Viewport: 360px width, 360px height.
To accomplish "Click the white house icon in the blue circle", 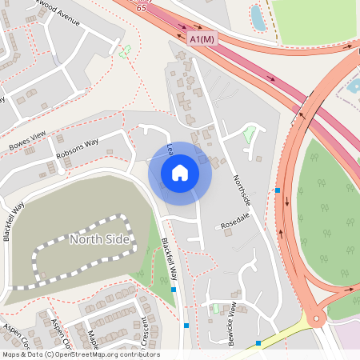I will pos(180,172).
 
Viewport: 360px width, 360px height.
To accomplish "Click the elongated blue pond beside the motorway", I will pos(258,18).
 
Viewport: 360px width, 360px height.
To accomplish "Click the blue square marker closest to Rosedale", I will pos(278,190).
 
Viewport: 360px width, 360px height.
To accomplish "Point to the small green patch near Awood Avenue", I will pos(124,52).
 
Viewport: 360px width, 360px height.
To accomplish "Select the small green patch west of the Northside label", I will pos(250,134).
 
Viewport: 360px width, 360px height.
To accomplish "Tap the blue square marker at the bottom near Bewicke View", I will pos(258,342).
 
